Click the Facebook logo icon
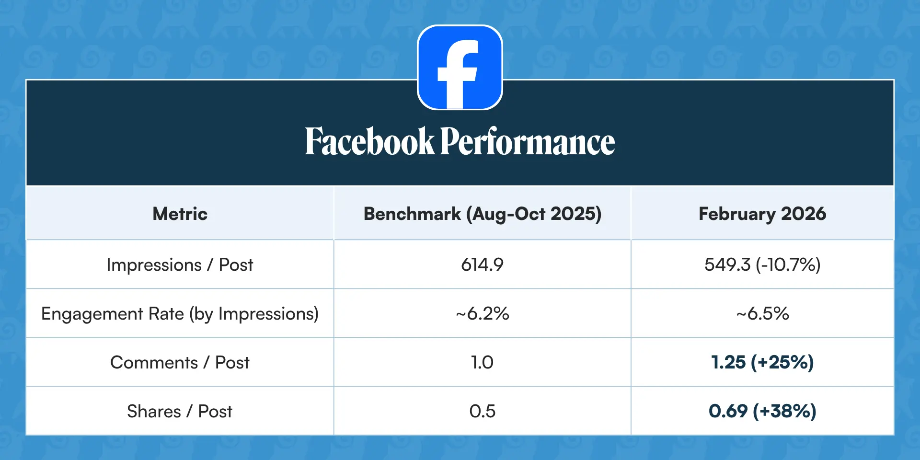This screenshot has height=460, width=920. point(460,68)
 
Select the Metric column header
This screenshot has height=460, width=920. point(180,214)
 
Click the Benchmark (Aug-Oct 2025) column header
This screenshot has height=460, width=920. point(483,214)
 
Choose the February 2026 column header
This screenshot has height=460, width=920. point(762,214)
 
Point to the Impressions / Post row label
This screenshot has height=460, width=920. point(180,265)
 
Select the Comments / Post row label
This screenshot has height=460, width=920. point(180,363)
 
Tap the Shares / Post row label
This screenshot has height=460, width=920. point(180,412)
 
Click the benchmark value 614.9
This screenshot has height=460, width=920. point(483,264)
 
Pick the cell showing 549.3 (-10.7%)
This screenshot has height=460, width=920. point(762,265)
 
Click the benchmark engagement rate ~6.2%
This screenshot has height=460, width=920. point(483,314)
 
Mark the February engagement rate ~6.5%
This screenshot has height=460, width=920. point(762,314)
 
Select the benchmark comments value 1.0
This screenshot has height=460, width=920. point(483,363)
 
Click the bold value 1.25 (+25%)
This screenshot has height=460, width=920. point(762,363)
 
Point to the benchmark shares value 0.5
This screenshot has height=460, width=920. point(483,411)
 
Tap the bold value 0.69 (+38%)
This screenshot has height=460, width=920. point(762,412)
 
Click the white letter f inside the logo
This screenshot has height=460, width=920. point(458,74)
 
